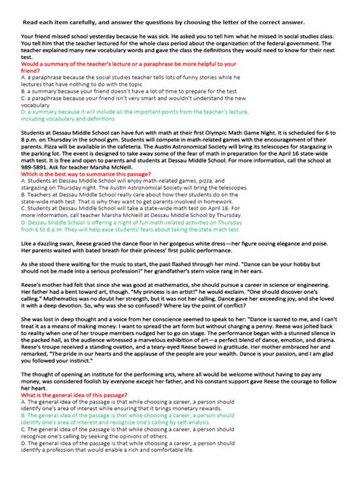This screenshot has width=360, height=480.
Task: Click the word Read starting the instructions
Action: pos(30,23)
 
